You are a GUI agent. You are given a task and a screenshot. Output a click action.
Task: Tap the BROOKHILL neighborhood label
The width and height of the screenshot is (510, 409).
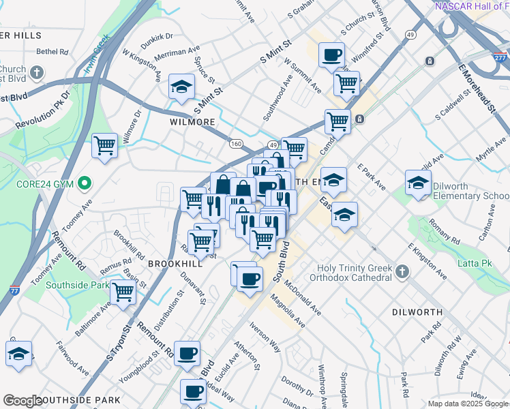coord(175,262)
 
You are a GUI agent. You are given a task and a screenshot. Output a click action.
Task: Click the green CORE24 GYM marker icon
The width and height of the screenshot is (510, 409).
coord(85,183)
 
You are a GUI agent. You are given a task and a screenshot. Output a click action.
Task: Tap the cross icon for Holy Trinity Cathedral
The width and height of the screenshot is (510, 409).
coord(402,272)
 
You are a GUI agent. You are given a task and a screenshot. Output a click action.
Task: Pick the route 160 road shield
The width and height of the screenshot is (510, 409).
coord(236,144)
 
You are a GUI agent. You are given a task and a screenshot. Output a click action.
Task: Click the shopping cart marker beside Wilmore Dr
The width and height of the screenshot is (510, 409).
coord(104,145)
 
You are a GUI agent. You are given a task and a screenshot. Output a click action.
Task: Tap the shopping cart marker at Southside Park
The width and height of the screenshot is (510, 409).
coord(123,292)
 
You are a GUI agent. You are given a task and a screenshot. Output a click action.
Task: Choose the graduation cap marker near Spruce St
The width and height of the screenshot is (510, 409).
coord(181,86)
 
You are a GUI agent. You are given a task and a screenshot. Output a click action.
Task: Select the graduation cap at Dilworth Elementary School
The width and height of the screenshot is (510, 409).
coord(418,182)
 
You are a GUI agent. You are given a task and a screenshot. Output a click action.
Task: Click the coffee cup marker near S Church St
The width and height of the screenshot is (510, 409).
coord(331,55)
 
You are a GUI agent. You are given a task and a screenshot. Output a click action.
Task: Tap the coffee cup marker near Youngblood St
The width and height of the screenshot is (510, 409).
coord(187,353)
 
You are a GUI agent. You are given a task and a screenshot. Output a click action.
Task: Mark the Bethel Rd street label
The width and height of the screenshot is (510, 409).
coord(52,51)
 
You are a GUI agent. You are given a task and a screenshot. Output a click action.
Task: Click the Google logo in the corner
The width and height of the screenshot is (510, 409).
coord(23,401)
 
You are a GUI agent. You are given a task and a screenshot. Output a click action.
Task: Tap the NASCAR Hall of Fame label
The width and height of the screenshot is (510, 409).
coord(471,6)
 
